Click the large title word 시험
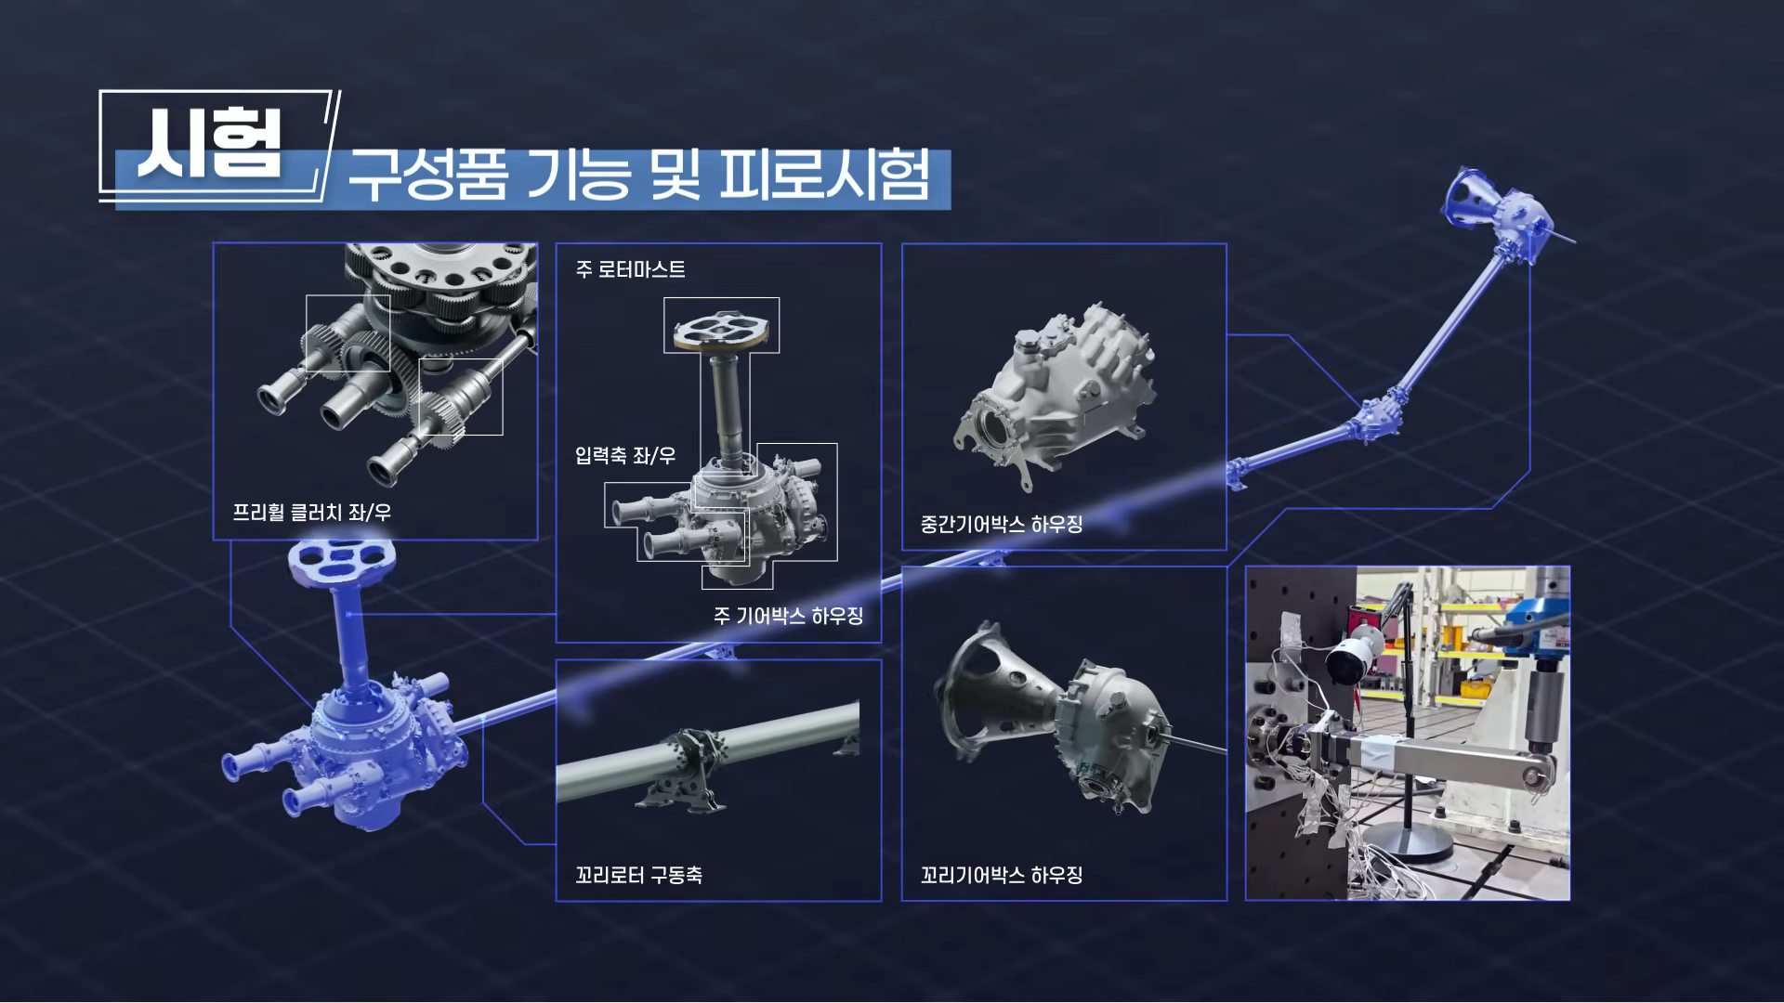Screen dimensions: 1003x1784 209,147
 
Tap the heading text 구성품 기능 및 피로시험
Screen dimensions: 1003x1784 638,176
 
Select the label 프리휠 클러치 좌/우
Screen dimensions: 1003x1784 311,513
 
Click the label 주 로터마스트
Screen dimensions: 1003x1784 630,269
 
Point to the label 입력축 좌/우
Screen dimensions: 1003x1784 624,456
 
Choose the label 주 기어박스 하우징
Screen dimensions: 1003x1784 788,616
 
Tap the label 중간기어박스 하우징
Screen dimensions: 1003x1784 1001,525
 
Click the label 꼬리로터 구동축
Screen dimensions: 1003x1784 638,875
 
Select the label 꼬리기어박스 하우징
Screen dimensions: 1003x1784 1001,875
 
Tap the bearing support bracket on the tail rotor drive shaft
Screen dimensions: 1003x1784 688,771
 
